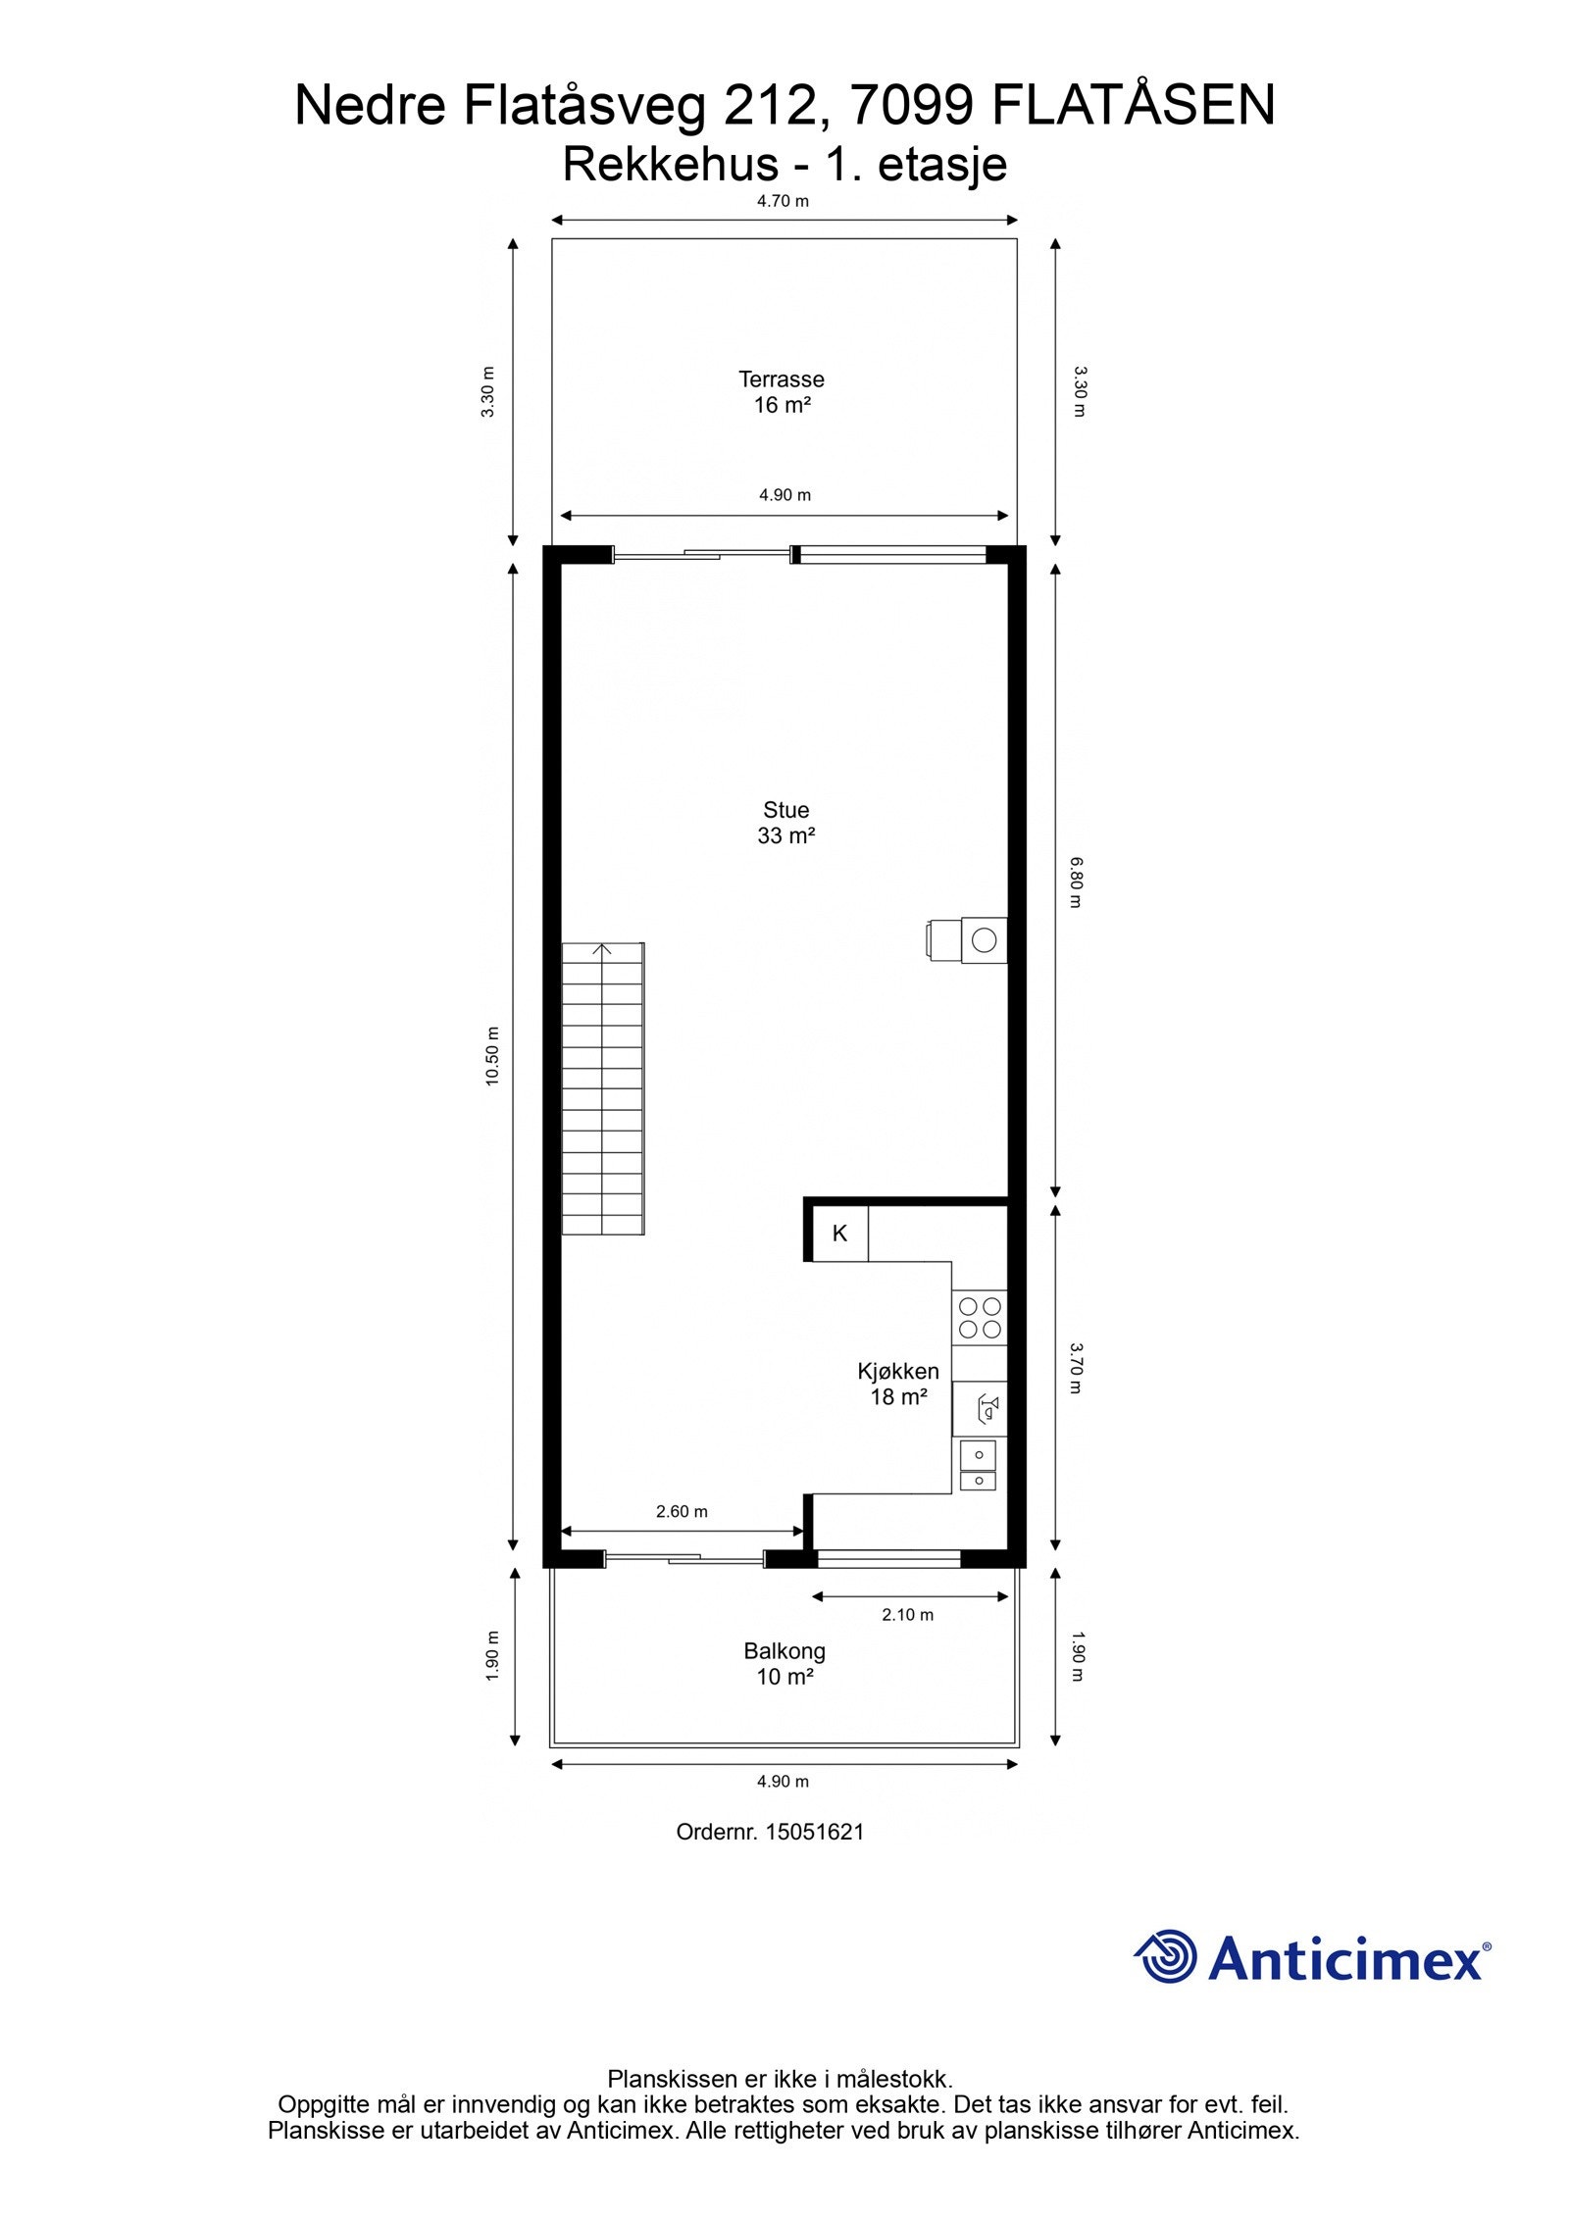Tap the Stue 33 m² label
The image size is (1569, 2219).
click(785, 822)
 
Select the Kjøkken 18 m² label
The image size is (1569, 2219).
click(898, 1384)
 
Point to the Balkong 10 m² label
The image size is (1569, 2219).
click(784, 1663)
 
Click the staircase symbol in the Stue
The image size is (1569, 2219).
click(602, 1088)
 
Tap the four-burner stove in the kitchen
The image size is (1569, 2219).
click(980, 1317)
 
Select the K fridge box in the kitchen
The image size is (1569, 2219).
click(839, 1234)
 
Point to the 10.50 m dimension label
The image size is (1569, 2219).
click(492, 1055)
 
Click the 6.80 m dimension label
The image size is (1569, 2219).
click(1076, 882)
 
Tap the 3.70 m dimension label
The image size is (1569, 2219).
click(1076, 1368)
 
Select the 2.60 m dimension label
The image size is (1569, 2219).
click(682, 1511)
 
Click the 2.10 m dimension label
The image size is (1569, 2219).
click(907, 1614)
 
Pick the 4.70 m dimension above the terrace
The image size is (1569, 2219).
click(783, 201)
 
